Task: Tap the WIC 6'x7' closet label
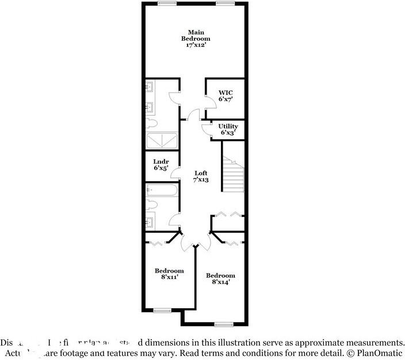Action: pos(225,95)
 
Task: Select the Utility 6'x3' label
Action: pos(228,129)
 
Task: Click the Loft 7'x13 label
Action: pos(200,176)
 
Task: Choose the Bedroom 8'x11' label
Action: pos(169,274)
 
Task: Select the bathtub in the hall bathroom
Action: pos(162,190)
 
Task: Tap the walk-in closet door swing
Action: pos(211,101)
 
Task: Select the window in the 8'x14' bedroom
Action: pos(223,324)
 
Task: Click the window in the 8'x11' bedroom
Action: pos(162,311)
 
